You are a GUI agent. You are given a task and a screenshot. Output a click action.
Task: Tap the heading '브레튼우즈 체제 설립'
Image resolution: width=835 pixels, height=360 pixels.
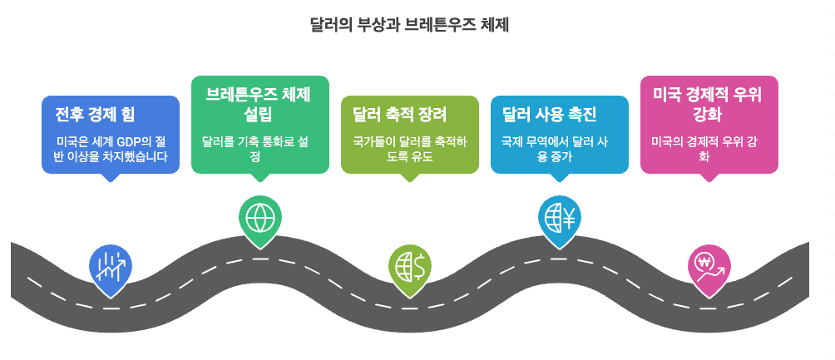coord(259,103)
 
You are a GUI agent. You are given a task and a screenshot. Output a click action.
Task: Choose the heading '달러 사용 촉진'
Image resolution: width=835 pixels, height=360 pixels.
coord(550,114)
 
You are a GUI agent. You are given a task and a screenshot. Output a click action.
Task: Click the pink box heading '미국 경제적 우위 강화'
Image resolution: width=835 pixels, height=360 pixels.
coord(708,103)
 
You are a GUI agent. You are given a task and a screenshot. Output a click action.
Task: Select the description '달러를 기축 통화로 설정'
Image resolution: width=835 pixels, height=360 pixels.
coord(259,148)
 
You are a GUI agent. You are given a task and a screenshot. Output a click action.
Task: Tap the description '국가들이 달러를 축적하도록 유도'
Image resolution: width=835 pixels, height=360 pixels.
coord(409,148)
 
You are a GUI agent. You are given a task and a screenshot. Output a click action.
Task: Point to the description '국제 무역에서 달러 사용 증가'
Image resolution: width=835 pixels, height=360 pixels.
coord(559,148)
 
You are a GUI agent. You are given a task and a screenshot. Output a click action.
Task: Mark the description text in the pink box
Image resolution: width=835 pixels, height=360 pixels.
coord(709,148)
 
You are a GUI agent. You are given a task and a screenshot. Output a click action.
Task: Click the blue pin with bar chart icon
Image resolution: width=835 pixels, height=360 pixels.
coord(110,268)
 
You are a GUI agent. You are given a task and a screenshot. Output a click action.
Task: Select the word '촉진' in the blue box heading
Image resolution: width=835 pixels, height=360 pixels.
coord(580,114)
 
